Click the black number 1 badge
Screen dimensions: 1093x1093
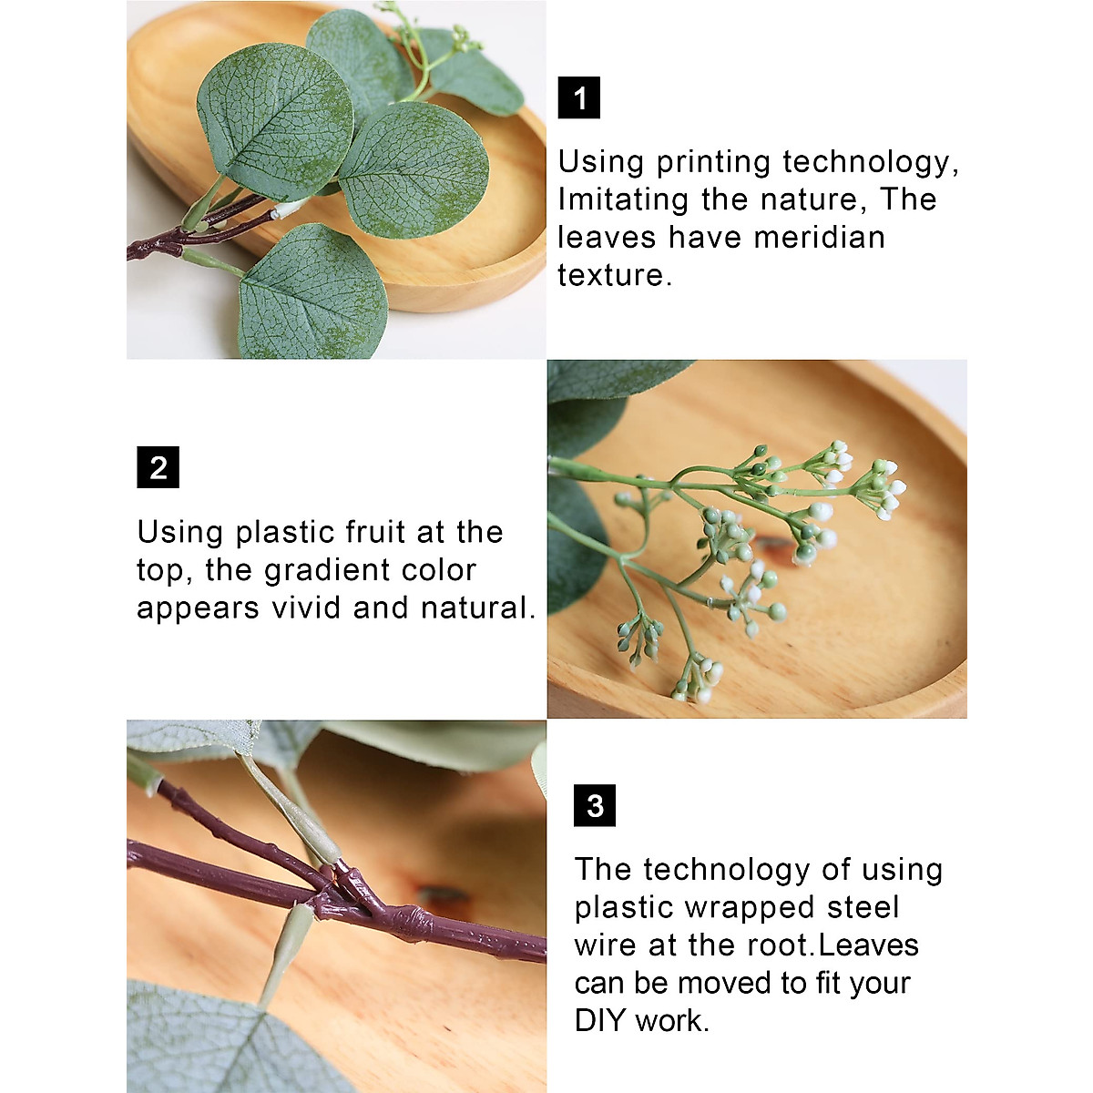579,97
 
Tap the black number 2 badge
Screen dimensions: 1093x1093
158,467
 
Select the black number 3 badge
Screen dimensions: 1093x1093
595,805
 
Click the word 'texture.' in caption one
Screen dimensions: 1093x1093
615,274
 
